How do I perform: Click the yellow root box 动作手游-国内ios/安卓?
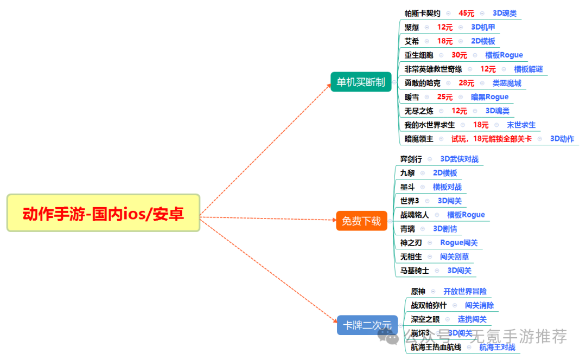point(103,213)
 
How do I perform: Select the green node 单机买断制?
point(361,82)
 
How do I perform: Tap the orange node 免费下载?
point(361,221)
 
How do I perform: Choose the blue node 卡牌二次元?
point(367,325)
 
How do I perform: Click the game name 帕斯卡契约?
point(423,13)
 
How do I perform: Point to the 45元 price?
point(467,13)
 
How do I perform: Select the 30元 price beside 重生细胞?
point(459,55)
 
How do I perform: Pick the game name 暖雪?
point(412,97)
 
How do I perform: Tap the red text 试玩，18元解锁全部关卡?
point(492,139)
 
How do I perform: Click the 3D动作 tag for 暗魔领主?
point(562,139)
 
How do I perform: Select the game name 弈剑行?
point(411,159)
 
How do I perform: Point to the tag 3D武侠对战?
point(460,159)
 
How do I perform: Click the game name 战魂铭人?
point(415,215)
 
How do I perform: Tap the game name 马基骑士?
point(415,271)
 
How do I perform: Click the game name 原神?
point(418,292)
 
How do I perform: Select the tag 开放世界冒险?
point(465,292)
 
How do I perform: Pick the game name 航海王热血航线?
point(436,347)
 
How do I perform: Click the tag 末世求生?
point(521,125)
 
